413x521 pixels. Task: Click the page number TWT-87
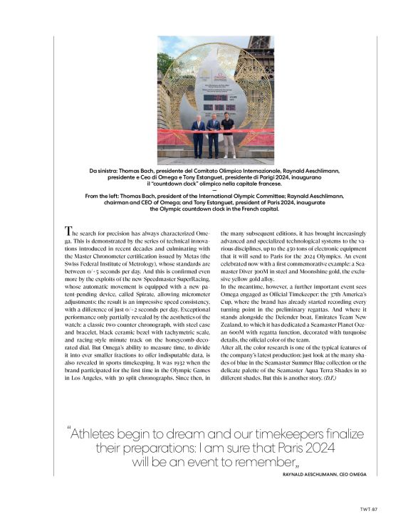367,510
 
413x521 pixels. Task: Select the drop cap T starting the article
68,231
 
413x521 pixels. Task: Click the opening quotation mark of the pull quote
70,432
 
